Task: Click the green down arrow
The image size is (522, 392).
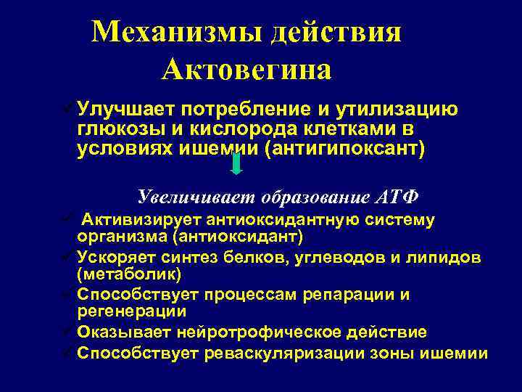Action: (x=236, y=164)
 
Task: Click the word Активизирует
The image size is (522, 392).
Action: (x=141, y=219)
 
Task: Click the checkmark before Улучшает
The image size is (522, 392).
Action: (x=68, y=110)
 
